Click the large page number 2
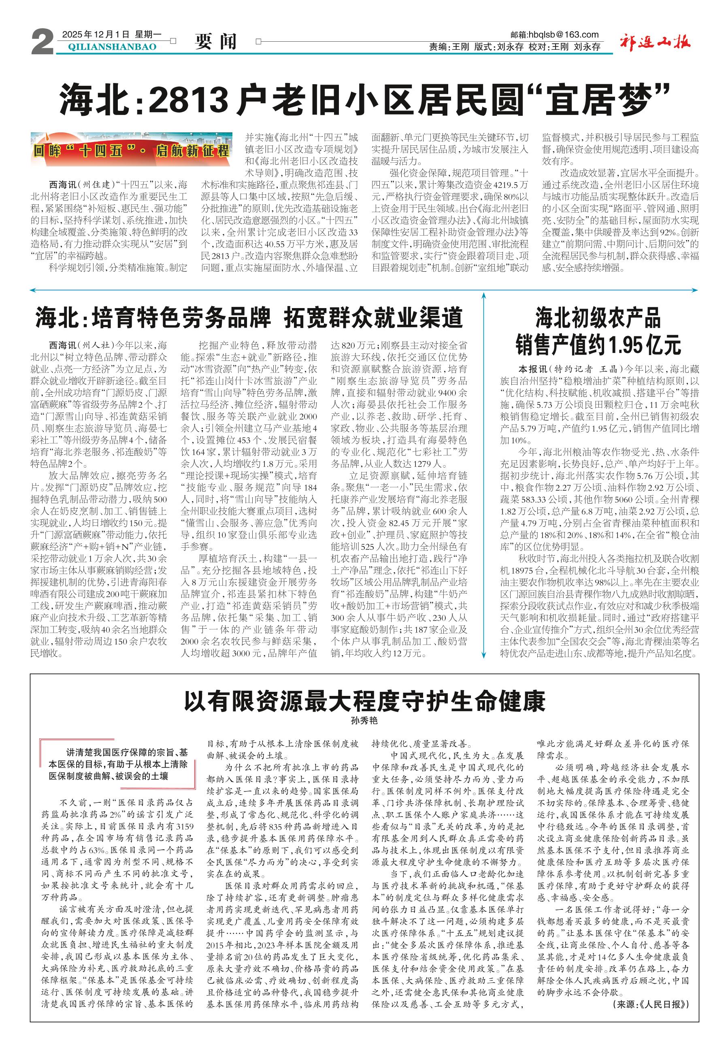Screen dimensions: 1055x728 click(42, 43)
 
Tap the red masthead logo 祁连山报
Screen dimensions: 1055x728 click(656, 43)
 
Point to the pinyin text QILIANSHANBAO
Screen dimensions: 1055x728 click(112, 47)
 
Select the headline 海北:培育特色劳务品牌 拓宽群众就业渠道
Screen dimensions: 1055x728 click(249, 318)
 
